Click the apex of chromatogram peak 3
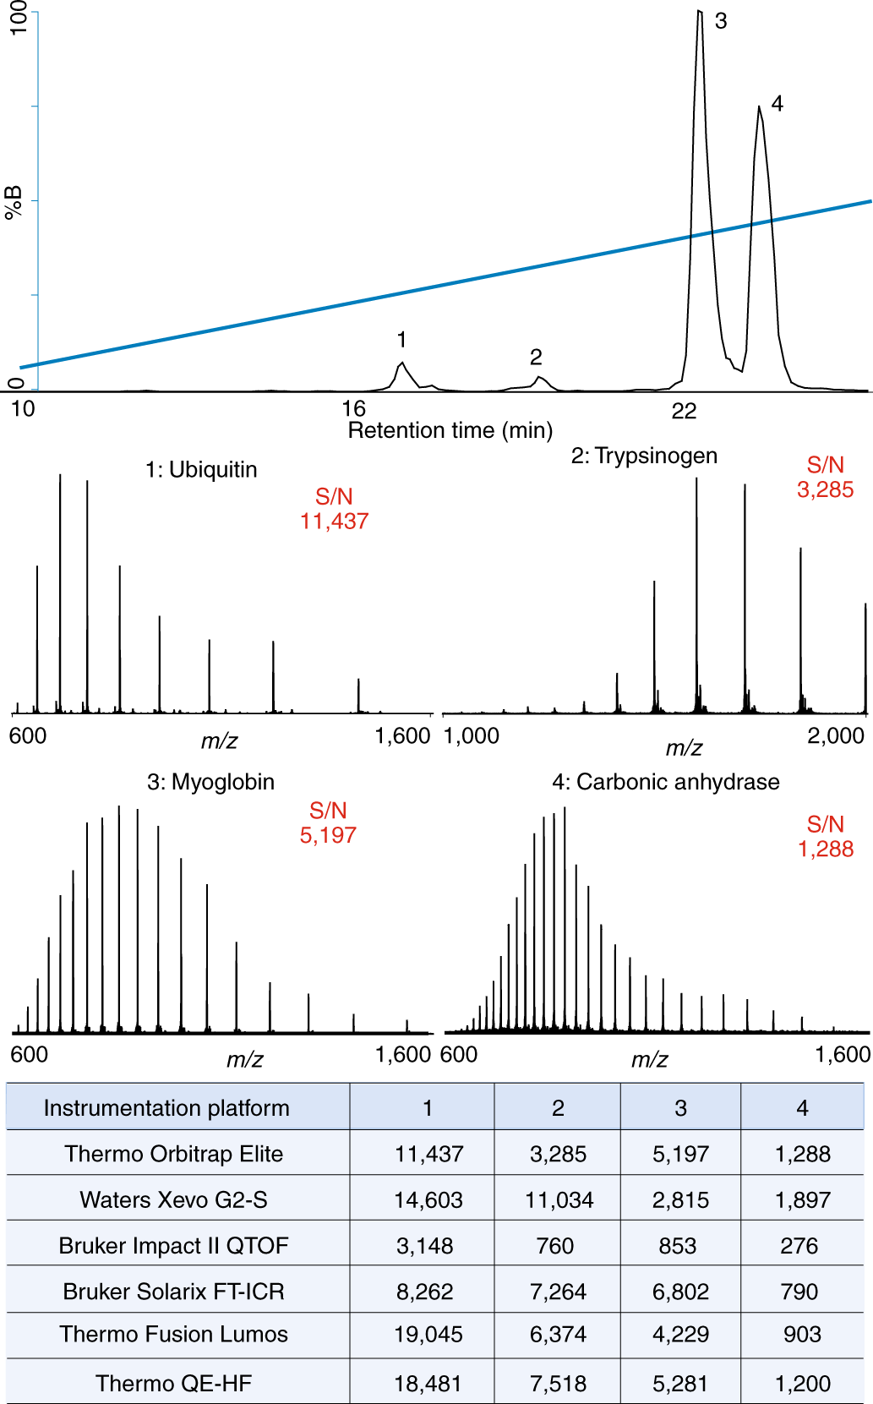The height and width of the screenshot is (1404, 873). pyautogui.click(x=700, y=13)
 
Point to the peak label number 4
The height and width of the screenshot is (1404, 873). pyautogui.click(x=778, y=104)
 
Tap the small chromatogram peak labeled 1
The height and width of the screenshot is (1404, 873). pyautogui.click(x=402, y=365)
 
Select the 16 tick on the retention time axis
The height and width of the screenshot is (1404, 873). pyautogui.click(x=353, y=409)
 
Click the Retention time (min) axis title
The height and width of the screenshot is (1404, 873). pyautogui.click(x=450, y=431)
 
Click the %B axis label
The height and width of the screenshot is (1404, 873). pyautogui.click(x=14, y=202)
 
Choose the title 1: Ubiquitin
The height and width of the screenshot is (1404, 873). pyautogui.click(x=201, y=470)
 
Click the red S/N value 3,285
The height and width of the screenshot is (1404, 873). pyautogui.click(x=826, y=490)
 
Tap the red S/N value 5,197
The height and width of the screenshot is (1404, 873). pyautogui.click(x=328, y=836)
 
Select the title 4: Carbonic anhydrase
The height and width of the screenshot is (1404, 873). pyautogui.click(x=666, y=782)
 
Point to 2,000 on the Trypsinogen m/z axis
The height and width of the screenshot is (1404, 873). pyautogui.click(x=836, y=736)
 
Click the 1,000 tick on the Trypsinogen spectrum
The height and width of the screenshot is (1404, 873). pyautogui.click(x=472, y=736)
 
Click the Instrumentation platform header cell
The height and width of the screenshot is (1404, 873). pyautogui.click(x=166, y=1108)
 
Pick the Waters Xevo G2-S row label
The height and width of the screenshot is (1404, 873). pyautogui.click(x=173, y=1200)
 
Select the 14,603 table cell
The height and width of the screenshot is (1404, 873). pyautogui.click(x=428, y=1200)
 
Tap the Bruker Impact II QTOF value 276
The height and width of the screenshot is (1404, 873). pyautogui.click(x=799, y=1246)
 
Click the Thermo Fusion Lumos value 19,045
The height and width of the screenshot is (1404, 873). pyautogui.click(x=428, y=1335)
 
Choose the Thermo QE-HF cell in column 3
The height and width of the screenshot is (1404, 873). pyautogui.click(x=680, y=1384)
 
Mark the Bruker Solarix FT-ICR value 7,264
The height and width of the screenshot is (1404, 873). pyautogui.click(x=559, y=1292)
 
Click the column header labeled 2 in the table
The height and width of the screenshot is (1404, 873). pyautogui.click(x=558, y=1108)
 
